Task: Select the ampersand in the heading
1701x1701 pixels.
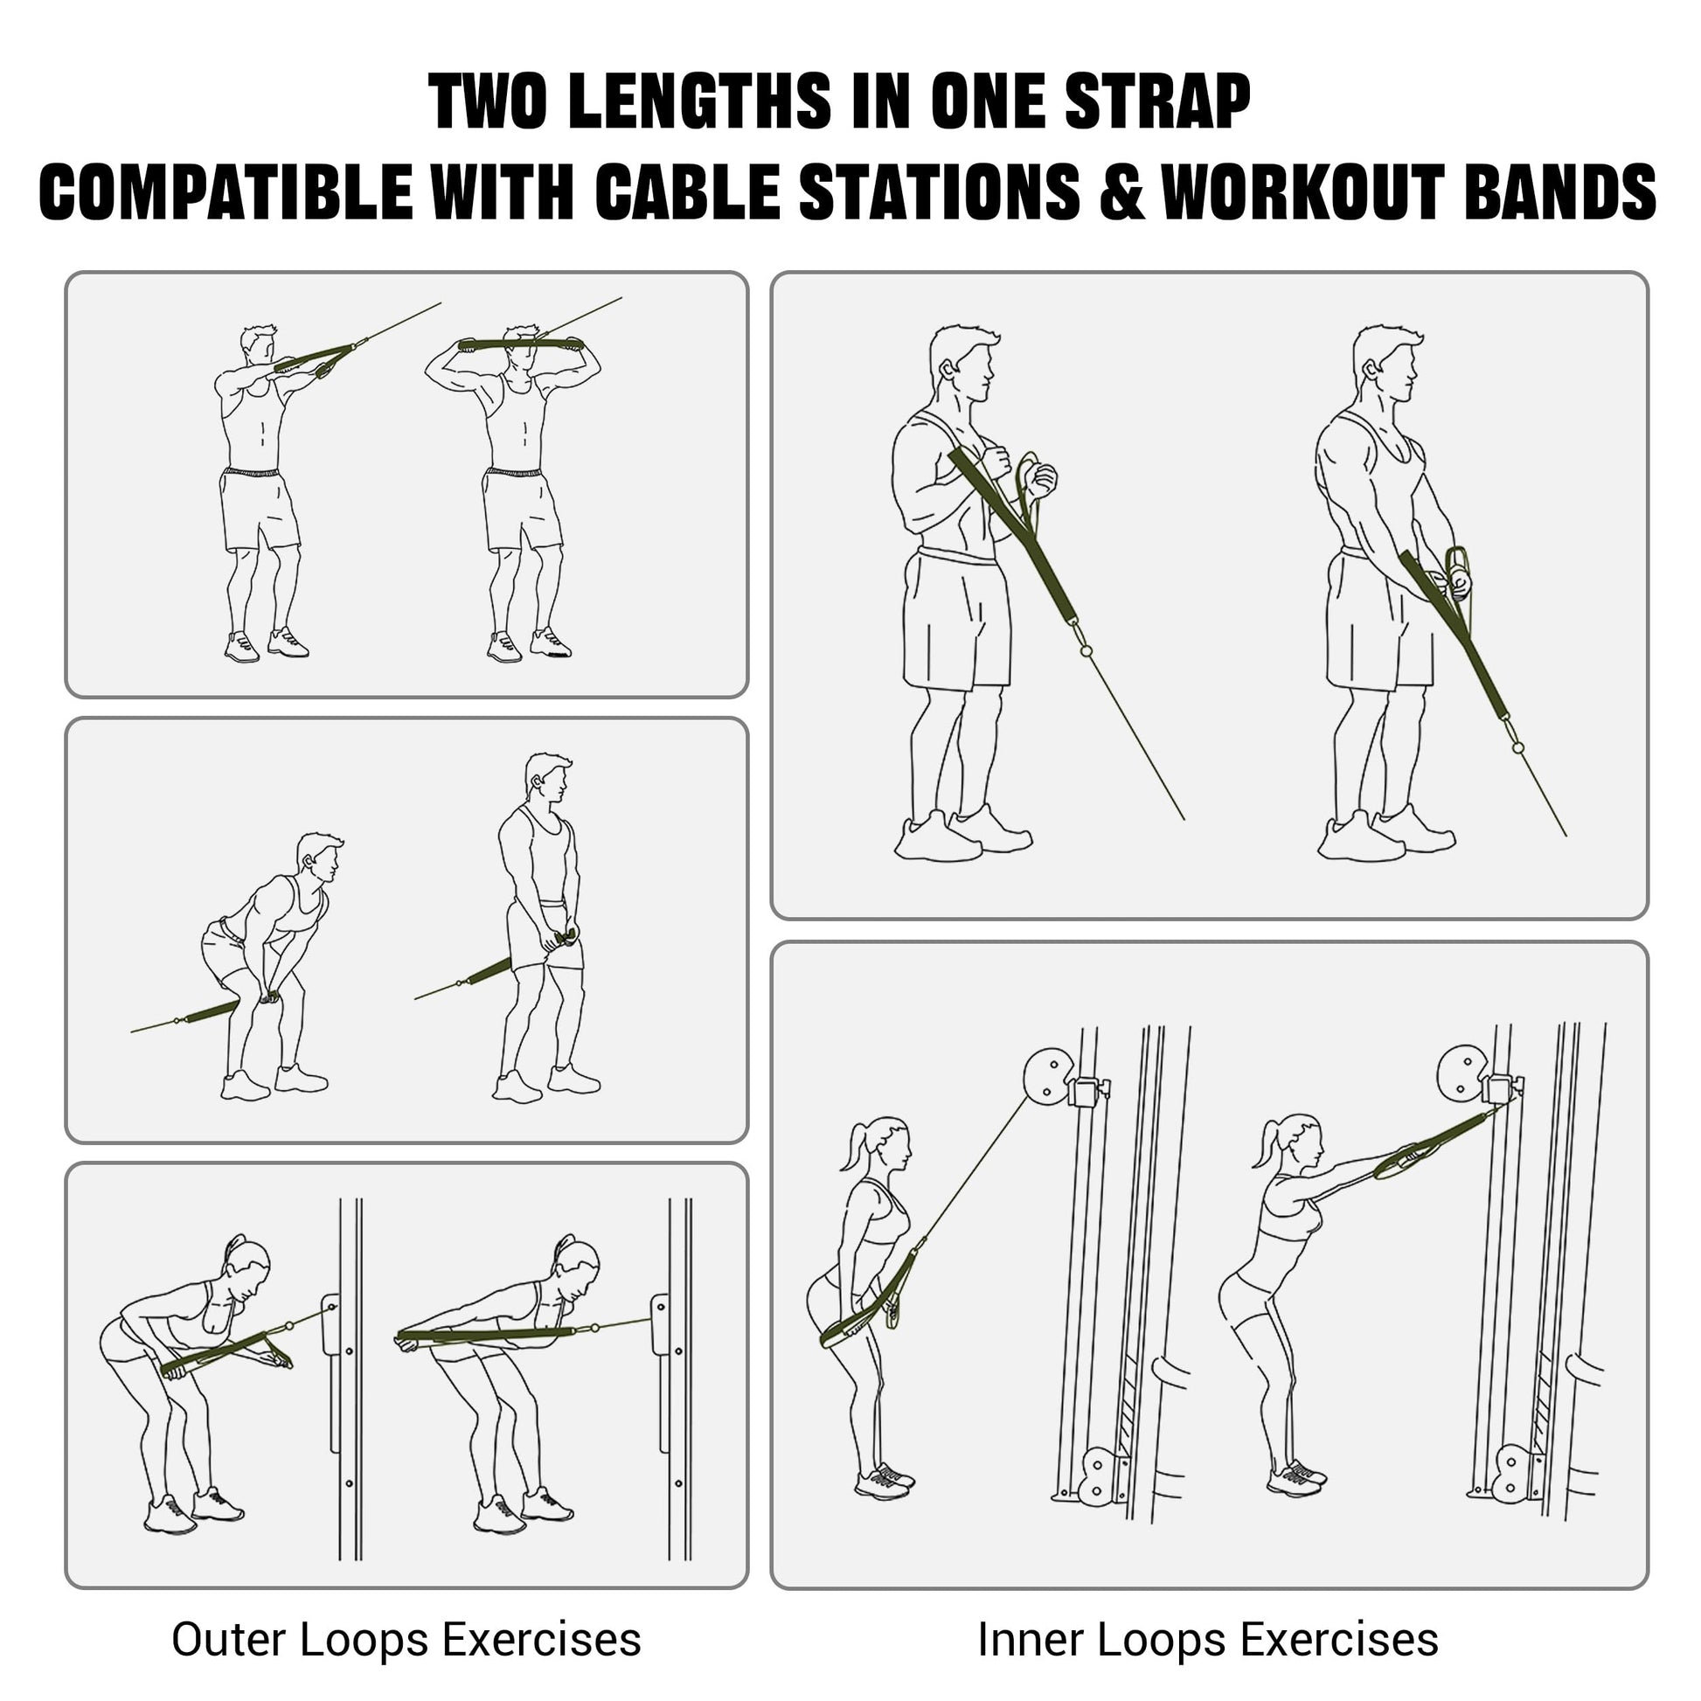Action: coord(1121,191)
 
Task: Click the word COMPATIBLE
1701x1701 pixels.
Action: coord(226,191)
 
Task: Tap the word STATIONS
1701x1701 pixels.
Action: coord(940,191)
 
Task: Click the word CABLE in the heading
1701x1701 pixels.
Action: coord(689,191)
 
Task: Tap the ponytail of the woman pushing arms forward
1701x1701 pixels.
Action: coord(1267,1143)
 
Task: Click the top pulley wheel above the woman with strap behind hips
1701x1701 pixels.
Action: coord(1048,1074)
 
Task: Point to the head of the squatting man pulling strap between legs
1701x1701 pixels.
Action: coord(320,857)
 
